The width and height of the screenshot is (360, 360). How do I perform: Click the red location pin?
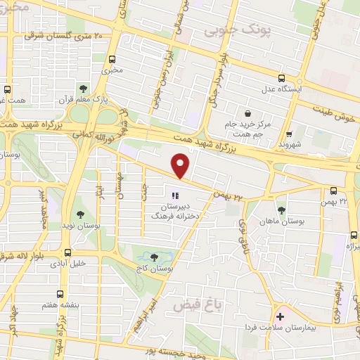coord(181,167)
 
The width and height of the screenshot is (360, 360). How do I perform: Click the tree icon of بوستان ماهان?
coord(281,210)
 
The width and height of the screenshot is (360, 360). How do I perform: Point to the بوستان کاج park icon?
coord(155,259)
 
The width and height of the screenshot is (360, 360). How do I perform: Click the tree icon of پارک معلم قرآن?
coord(84,89)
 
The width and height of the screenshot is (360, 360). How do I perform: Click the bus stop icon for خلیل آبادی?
coord(68,252)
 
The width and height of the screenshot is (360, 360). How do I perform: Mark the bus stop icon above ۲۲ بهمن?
coord(334,190)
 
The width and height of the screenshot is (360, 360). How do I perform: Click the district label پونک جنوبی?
coord(228,32)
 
